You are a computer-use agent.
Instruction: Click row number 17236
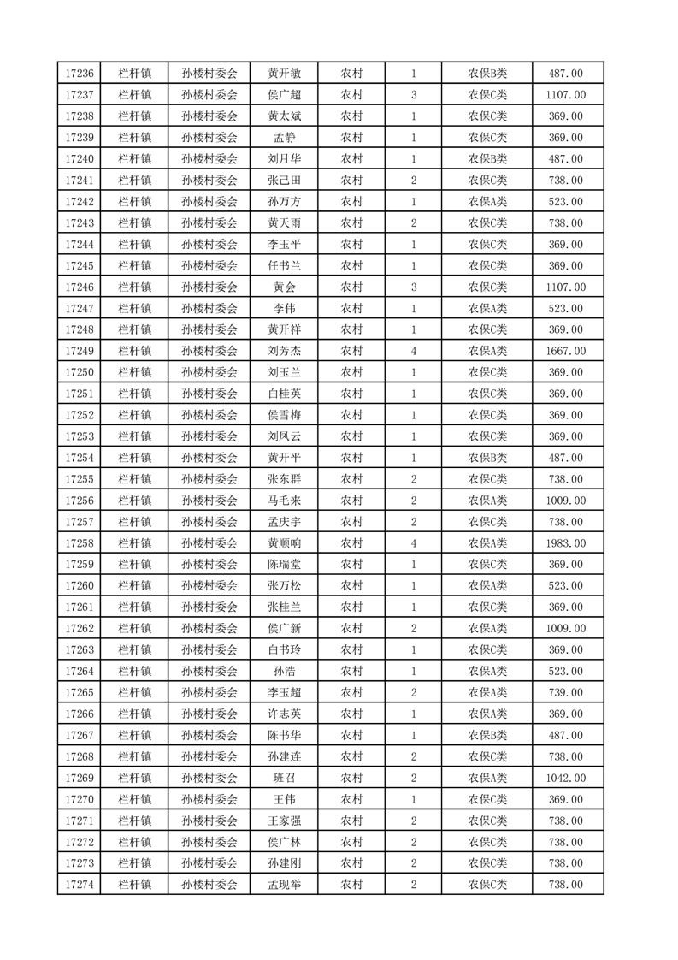[80, 74]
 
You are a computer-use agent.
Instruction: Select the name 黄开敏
[284, 74]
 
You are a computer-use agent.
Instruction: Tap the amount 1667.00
[566, 351]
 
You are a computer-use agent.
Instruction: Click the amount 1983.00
[566, 543]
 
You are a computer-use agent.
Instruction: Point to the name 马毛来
[284, 501]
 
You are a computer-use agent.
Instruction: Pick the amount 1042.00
[566, 778]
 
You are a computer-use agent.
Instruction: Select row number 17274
[80, 885]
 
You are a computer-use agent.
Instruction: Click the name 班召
[284, 778]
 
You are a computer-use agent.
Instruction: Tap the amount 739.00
[566, 692]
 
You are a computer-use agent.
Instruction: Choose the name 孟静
[284, 138]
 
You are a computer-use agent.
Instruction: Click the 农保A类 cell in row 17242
[487, 202]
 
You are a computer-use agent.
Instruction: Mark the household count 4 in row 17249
[414, 351]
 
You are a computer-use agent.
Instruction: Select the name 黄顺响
[284, 543]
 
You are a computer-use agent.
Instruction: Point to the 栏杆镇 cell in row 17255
[135, 479]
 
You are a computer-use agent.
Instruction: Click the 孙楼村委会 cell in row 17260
[209, 586]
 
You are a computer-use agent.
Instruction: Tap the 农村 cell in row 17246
[351, 287]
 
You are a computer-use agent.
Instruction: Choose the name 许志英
[284, 714]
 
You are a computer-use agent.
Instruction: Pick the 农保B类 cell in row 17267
[487, 735]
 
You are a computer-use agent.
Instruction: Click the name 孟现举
[284, 885]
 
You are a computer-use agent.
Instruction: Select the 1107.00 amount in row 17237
[566, 95]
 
